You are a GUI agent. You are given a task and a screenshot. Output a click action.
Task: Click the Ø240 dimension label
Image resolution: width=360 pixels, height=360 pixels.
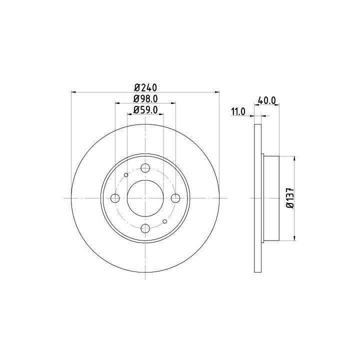pyautogui.click(x=145, y=87)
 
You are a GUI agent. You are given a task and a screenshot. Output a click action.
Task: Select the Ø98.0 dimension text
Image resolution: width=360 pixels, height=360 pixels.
pyautogui.click(x=145, y=98)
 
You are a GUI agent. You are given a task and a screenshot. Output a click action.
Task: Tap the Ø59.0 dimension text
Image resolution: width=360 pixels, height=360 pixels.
pyautogui.click(x=145, y=110)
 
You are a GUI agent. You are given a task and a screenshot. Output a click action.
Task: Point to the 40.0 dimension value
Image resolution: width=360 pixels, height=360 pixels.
pyautogui.click(x=267, y=100)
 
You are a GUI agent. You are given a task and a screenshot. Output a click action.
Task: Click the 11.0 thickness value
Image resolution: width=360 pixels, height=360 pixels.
pyautogui.click(x=238, y=112)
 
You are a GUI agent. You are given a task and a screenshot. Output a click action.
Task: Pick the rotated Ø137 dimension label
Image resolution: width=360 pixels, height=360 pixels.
pyautogui.click(x=290, y=198)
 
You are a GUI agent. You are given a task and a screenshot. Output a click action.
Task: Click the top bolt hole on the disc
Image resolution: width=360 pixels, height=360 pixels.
pyautogui.click(x=145, y=168)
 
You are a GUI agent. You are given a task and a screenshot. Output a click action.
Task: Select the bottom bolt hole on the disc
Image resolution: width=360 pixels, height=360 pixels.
pyautogui.click(x=145, y=228)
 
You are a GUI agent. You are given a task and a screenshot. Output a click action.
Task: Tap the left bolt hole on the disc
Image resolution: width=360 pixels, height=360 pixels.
pyautogui.click(x=115, y=198)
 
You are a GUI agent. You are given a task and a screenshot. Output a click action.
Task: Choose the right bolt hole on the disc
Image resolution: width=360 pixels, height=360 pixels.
pyautogui.click(x=175, y=198)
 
